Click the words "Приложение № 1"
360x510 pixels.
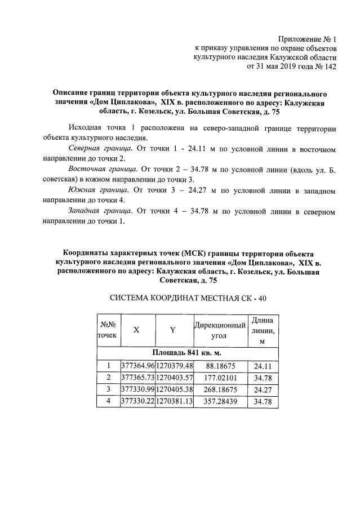[x=308, y=40]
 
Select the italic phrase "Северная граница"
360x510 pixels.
[x=100, y=149]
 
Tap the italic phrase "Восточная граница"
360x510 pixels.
[x=102, y=169]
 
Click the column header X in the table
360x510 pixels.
[x=136, y=331]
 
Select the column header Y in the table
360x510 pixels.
[x=173, y=331]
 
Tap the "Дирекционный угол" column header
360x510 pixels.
[x=220, y=331]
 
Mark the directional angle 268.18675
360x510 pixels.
[x=220, y=389]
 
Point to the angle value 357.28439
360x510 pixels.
[x=220, y=402]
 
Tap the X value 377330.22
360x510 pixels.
[x=137, y=402]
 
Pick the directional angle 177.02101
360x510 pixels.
[x=220, y=377]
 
